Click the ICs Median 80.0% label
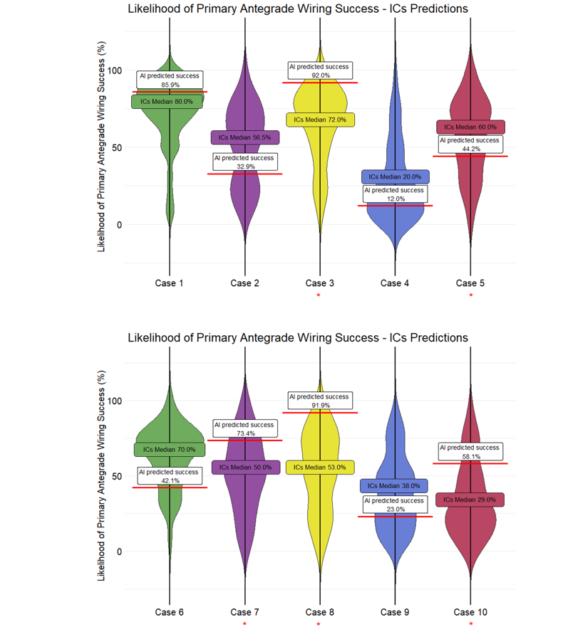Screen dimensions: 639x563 click(167, 102)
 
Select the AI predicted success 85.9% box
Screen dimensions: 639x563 click(170, 80)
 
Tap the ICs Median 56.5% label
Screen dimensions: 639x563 click(244, 137)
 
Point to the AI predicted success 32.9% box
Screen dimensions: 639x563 click(244, 162)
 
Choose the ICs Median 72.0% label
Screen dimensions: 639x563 click(320, 120)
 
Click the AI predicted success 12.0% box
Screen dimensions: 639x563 click(394, 194)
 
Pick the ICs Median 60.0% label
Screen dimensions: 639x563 click(470, 127)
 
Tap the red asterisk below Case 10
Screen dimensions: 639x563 click(470, 625)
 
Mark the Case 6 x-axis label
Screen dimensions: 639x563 click(169, 612)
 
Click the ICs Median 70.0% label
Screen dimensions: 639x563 click(169, 450)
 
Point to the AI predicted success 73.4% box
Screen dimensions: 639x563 click(244, 428)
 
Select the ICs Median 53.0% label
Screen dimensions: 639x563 click(320, 468)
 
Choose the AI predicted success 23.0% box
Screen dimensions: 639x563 click(394, 505)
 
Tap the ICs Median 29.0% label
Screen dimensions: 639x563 click(470, 500)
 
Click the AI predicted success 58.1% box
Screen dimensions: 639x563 click(470, 452)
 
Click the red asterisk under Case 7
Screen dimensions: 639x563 click(244, 625)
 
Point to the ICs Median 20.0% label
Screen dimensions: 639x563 click(395, 176)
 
